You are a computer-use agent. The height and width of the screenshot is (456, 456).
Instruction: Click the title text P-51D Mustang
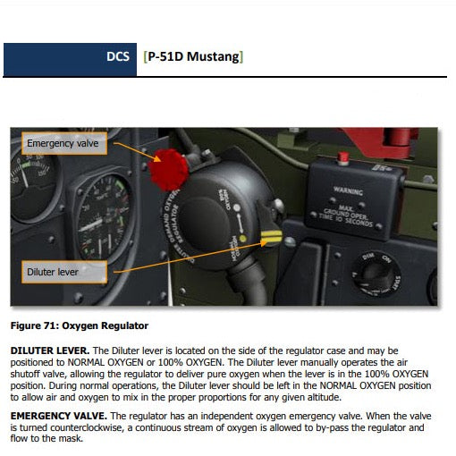coord(193,58)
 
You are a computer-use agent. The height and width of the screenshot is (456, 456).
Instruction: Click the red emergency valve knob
coord(168,169)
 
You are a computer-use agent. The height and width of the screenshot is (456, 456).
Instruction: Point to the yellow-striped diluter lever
coord(272,239)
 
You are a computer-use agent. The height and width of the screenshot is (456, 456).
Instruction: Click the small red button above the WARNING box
coord(342,158)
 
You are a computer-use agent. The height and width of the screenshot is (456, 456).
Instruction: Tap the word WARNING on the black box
coord(348,190)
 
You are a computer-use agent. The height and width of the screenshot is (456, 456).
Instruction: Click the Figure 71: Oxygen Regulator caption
coord(80,325)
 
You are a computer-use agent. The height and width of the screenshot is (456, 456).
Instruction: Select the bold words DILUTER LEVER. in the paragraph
coord(49,350)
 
